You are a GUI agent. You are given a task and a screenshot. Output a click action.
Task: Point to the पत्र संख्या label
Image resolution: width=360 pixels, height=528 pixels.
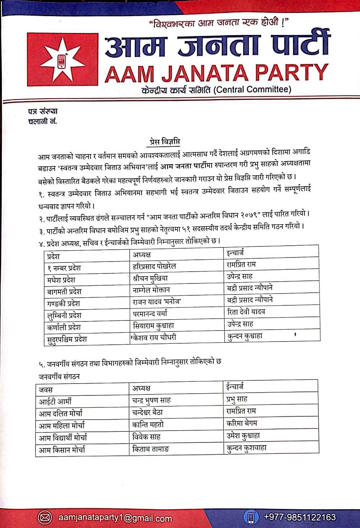[43, 111]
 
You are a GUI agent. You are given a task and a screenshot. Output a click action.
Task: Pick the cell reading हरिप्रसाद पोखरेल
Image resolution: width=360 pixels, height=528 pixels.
[154, 266]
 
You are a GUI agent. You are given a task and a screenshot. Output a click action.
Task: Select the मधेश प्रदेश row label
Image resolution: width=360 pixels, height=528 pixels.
[61, 279]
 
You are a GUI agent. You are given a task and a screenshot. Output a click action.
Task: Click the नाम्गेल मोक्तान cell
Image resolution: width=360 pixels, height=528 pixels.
[151, 290]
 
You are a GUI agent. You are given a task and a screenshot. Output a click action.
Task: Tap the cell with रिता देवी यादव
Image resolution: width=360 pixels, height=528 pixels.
[246, 312]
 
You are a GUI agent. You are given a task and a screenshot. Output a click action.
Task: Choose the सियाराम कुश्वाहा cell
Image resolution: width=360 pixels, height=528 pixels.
[153, 325]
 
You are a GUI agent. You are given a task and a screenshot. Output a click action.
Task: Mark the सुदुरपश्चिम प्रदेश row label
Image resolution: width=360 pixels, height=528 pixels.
[67, 339]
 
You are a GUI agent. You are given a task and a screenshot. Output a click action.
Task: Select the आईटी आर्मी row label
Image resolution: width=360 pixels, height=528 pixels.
[55, 401]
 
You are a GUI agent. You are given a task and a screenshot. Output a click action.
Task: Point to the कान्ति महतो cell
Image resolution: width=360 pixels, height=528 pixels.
[148, 425]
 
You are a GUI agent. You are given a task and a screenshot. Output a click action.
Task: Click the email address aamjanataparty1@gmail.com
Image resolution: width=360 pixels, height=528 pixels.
[115, 518]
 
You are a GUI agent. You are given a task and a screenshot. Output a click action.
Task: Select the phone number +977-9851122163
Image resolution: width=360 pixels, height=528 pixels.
[300, 517]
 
